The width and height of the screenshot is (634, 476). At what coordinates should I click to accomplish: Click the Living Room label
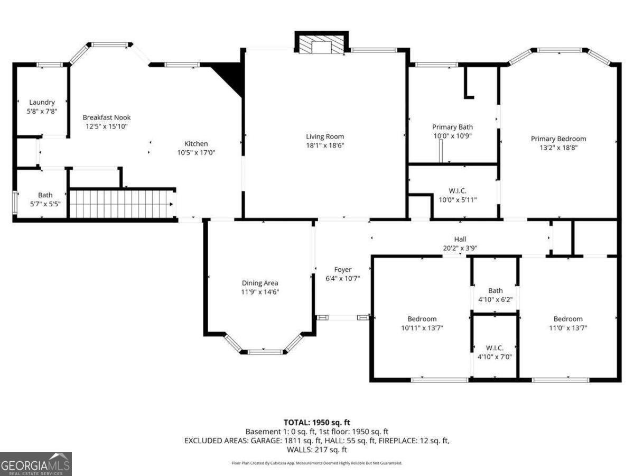325,136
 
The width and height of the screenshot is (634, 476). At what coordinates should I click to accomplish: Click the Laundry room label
42,103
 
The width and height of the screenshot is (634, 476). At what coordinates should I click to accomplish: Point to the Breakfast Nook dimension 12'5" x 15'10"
107,126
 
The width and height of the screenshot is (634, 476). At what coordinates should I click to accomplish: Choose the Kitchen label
196,144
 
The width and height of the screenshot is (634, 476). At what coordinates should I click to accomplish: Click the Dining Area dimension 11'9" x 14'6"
260,291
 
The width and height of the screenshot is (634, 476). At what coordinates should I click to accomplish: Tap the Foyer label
342,270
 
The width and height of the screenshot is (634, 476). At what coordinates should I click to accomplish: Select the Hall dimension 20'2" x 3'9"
460,248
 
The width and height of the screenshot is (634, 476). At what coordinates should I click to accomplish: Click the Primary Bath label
452,127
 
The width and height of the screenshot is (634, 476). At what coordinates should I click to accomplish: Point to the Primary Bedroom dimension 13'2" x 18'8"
558,148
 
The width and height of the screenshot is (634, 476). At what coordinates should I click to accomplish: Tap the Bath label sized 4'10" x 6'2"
495,290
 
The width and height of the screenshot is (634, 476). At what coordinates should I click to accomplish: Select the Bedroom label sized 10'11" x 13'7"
422,319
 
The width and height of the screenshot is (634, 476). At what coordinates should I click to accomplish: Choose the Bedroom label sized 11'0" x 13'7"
568,319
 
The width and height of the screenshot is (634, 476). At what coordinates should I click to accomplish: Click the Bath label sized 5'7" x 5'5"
45,195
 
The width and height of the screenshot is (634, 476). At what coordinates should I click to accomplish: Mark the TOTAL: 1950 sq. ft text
317,422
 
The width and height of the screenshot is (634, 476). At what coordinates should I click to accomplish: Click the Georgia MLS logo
35,464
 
